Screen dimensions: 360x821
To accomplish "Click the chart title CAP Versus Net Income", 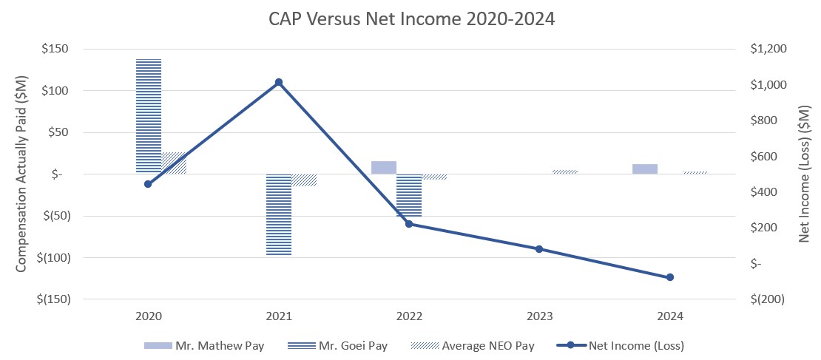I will (x=411, y=20).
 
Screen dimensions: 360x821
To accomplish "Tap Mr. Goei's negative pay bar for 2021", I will (x=279, y=214).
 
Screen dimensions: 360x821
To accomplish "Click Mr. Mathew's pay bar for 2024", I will (x=645, y=169).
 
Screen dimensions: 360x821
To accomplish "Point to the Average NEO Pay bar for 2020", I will (x=174, y=163).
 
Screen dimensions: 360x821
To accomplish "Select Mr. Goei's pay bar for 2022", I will (x=409, y=195).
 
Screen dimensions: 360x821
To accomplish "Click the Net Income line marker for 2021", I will (x=279, y=82).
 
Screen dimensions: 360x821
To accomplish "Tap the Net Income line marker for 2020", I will (x=148, y=184).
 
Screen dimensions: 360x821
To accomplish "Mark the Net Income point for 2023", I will (x=539, y=249).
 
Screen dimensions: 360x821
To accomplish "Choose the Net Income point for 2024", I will (x=670, y=277).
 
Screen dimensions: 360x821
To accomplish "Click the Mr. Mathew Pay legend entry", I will (x=203, y=345).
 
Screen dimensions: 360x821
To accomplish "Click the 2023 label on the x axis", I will (x=539, y=316).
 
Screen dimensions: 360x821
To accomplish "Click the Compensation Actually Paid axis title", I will (x=21, y=174).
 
